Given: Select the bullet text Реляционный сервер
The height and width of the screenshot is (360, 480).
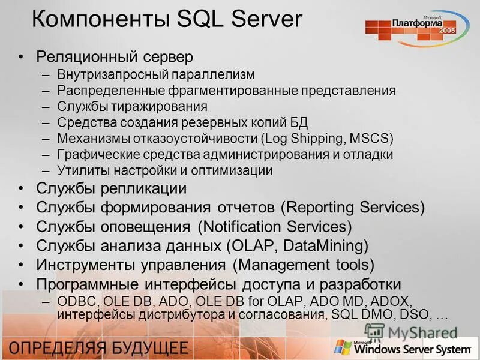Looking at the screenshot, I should tap(115, 57).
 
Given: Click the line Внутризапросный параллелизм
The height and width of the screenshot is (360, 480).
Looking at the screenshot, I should tap(156, 74).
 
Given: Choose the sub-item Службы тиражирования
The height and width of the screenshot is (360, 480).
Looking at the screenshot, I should tap(132, 107).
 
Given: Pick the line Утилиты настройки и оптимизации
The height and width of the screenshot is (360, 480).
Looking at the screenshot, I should tap(165, 170).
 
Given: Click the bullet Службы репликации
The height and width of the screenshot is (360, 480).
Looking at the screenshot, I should tap(111, 188).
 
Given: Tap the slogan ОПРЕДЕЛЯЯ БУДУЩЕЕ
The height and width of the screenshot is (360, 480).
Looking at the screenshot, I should tap(99, 348).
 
